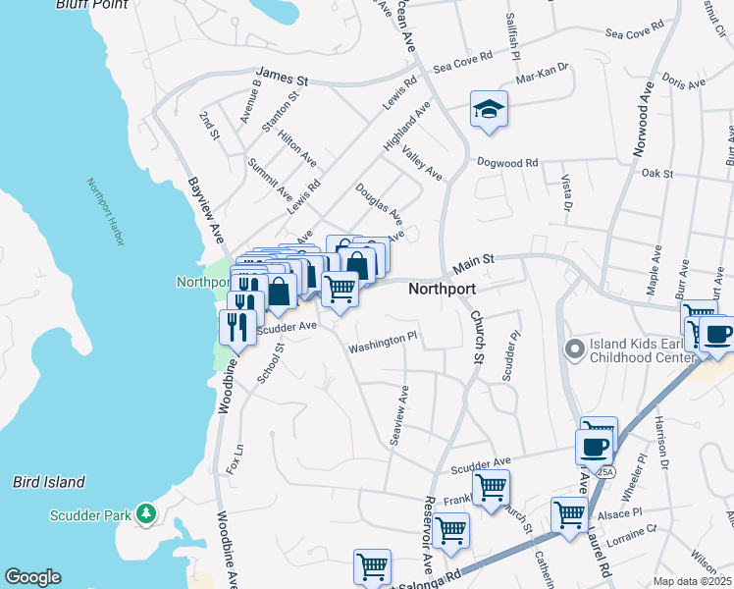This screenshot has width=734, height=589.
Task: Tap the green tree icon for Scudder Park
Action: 145,512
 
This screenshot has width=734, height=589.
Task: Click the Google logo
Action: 32,577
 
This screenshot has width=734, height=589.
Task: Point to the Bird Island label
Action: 49,482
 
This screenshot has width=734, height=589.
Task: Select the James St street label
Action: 282,75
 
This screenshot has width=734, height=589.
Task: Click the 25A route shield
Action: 606,472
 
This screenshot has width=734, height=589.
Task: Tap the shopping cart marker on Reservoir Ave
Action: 450,530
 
